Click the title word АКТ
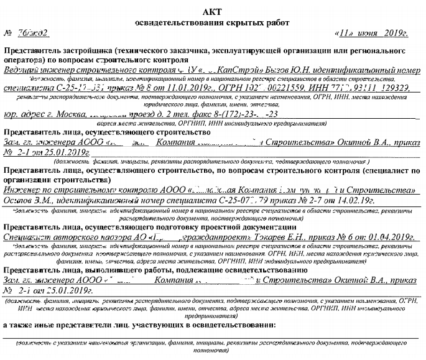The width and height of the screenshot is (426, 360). (212, 12)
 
